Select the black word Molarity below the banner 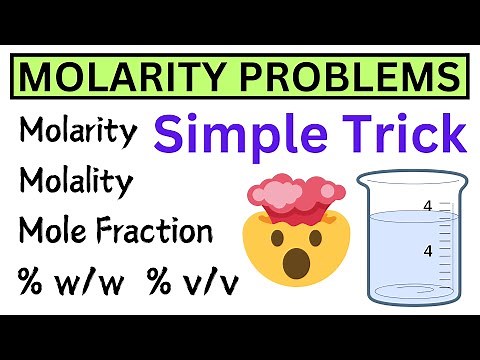77,131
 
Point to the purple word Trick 398,133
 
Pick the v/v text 210,284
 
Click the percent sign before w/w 33,284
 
